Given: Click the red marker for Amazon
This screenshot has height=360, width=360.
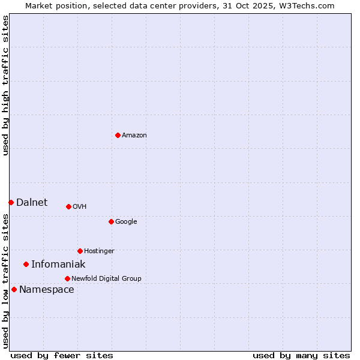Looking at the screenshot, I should pyautogui.click(x=118, y=135).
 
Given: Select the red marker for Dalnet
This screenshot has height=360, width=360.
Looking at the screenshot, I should pyautogui.click(x=11, y=202).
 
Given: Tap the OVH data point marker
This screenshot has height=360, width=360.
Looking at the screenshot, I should pyautogui.click(x=68, y=206).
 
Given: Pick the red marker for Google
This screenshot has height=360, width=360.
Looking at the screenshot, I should pyautogui.click(x=111, y=221).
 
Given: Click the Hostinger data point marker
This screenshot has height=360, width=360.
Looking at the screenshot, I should pyautogui.click(x=80, y=251).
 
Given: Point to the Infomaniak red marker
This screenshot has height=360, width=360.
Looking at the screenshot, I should pyautogui.click(x=26, y=264).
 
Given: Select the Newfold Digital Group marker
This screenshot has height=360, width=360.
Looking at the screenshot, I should pyautogui.click(x=67, y=278).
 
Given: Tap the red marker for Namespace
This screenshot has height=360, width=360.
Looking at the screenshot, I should pyautogui.click(x=14, y=289).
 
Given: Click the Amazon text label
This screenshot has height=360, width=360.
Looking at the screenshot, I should pyautogui.click(x=134, y=136).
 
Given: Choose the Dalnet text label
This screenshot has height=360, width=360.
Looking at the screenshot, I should pyautogui.click(x=32, y=203).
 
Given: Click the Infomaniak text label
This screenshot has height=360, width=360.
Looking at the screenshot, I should pyautogui.click(x=58, y=265).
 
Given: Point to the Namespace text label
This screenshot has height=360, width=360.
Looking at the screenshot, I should pyautogui.click(x=47, y=290).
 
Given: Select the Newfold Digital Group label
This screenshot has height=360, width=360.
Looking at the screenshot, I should pyautogui.click(x=106, y=278).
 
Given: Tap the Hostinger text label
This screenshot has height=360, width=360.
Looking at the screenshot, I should pyautogui.click(x=99, y=251).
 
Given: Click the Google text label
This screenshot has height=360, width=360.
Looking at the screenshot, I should pyautogui.click(x=126, y=222).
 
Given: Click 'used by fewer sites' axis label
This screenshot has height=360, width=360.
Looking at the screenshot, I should pyautogui.click(x=62, y=355).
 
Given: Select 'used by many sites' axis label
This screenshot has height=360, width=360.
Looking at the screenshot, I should pyautogui.click(x=301, y=355).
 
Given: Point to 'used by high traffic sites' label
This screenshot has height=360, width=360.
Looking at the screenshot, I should pyautogui.click(x=5, y=85).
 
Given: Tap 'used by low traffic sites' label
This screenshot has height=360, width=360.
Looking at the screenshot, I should pyautogui.click(x=5, y=281).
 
